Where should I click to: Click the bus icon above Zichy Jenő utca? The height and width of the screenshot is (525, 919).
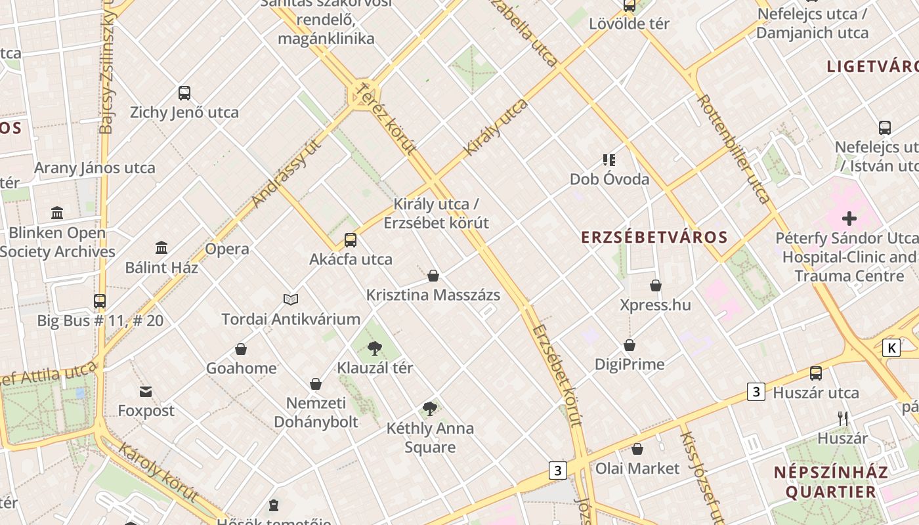point(184,93)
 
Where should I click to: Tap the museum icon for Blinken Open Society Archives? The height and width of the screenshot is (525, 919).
point(57,213)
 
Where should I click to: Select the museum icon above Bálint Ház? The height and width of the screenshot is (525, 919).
point(161,247)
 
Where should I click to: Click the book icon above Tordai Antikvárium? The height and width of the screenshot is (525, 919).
point(291,299)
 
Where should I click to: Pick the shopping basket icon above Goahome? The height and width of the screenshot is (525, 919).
point(241,348)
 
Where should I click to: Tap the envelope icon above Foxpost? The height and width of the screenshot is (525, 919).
point(146,392)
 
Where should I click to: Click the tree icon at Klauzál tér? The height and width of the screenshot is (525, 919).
point(374,348)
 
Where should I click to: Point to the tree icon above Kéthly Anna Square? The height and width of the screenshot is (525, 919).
point(430,409)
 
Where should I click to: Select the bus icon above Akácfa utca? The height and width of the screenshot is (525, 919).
point(351,240)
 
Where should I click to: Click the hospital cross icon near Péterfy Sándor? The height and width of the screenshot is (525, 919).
point(849,218)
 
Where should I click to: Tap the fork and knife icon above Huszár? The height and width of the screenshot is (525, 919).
point(843,418)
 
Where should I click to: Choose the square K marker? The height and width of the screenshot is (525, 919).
point(891,348)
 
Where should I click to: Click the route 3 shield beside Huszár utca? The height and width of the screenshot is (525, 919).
point(756,392)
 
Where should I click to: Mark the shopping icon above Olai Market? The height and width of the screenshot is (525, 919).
point(637,449)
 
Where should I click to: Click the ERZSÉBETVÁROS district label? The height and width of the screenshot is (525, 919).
point(654,237)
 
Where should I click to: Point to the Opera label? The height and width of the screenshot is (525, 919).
point(227,249)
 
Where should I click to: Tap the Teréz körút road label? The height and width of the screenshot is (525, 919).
point(387,118)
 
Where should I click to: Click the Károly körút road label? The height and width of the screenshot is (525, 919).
point(158,471)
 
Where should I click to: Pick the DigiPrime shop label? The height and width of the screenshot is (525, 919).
point(630,364)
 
